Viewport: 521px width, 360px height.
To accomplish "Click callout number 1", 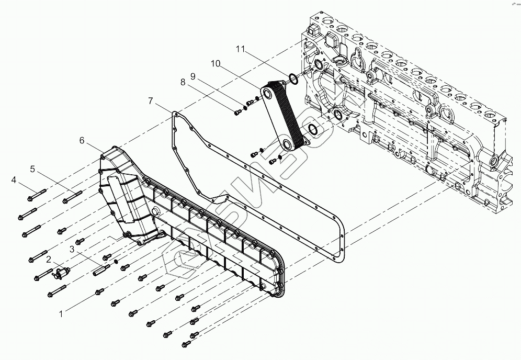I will point(61,314).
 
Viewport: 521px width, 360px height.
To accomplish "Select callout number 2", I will point(49,260).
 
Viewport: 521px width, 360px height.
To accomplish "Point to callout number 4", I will point(14,181).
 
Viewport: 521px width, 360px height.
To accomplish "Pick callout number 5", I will point(32,169).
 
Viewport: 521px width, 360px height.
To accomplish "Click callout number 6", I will point(82,140).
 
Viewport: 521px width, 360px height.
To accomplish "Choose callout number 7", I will point(151,100).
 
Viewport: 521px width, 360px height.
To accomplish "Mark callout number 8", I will point(183,82).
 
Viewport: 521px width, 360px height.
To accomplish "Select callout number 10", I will point(215,63).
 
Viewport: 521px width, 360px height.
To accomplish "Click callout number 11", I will point(240,49).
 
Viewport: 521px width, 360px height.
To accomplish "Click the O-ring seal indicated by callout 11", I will point(293,79).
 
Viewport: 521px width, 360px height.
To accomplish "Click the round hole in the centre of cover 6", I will point(155,211).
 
